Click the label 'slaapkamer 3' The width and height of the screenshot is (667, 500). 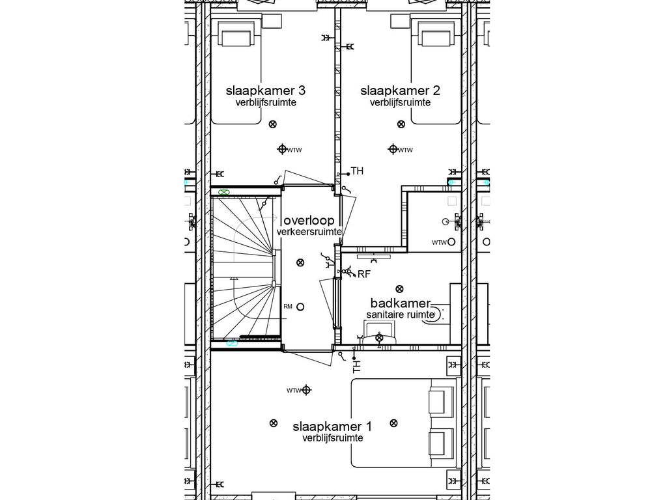pyautogui.click(x=257, y=90)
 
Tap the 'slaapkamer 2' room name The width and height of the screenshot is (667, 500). pyautogui.click(x=400, y=90)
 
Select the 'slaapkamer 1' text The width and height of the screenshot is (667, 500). pyautogui.click(x=332, y=427)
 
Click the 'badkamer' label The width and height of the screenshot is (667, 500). pyautogui.click(x=401, y=303)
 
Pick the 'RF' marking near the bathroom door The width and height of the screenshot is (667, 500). pyautogui.click(x=363, y=274)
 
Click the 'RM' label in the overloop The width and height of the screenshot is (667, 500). pyautogui.click(x=288, y=307)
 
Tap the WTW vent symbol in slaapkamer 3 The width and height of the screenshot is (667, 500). pyautogui.click(x=283, y=150)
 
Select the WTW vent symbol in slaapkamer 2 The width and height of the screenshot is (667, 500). pyautogui.click(x=393, y=150)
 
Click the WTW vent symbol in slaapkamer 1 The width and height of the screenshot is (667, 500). pyautogui.click(x=306, y=391)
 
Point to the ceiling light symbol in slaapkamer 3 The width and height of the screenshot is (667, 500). pyautogui.click(x=273, y=124)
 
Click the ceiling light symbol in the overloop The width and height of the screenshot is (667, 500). pyautogui.click(x=300, y=263)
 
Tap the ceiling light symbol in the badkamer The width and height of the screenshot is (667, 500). pyautogui.click(x=399, y=288)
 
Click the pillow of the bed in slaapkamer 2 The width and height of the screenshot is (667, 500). pyautogui.click(x=435, y=35)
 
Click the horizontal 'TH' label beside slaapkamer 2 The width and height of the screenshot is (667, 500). pyautogui.click(x=356, y=171)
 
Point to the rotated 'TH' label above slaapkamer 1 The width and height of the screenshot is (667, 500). pyautogui.click(x=356, y=367)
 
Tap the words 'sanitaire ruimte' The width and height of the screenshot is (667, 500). pyautogui.click(x=400, y=314)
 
